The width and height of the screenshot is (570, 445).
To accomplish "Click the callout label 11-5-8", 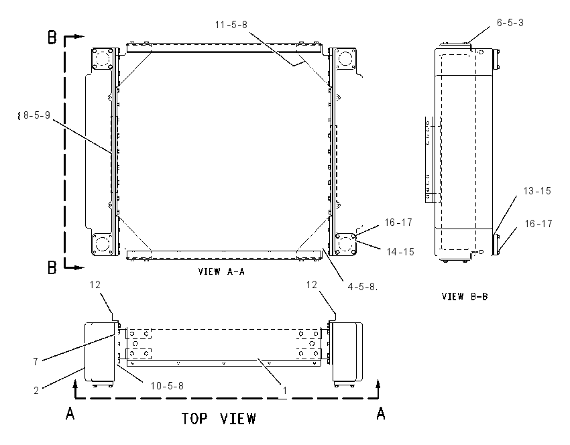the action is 231,25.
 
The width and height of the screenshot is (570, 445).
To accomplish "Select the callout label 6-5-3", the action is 510,23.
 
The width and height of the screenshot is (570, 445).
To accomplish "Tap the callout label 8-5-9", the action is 37,115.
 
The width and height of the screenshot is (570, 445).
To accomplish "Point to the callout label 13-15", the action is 537,191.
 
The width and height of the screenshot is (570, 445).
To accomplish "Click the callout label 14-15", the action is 400,252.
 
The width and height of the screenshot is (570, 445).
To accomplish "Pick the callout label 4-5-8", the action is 362,287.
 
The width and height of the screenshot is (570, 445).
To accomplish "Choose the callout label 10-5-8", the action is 167,385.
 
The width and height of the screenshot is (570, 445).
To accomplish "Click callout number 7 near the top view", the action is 36,362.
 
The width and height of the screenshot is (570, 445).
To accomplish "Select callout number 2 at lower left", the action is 36,391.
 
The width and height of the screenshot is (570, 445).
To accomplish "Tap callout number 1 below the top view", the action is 286,391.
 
